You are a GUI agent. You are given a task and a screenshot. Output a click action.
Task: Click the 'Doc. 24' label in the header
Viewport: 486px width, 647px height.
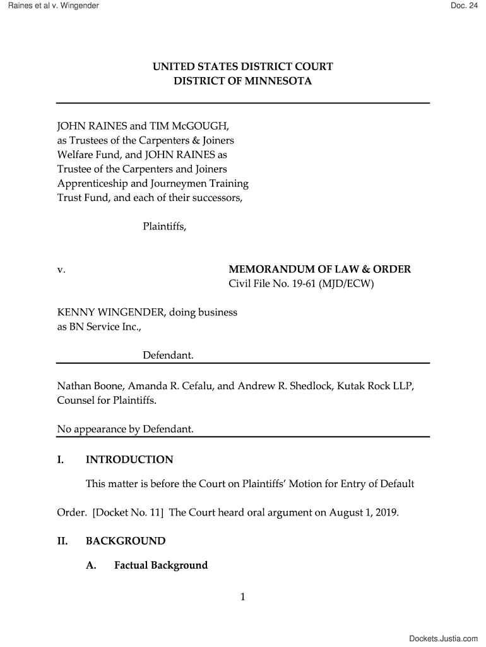click(x=464, y=6)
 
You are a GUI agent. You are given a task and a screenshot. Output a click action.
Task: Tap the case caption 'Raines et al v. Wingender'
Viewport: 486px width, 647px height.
click(x=49, y=6)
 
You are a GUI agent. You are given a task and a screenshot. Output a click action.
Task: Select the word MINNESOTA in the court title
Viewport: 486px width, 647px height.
click(x=279, y=82)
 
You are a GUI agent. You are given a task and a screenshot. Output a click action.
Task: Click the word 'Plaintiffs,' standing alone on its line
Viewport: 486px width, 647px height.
click(x=164, y=226)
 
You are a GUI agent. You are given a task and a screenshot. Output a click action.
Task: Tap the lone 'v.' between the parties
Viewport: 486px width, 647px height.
click(x=61, y=270)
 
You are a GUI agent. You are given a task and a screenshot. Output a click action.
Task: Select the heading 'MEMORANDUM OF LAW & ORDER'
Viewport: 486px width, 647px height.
click(x=319, y=270)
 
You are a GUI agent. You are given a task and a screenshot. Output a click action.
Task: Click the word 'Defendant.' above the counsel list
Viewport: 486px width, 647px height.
click(x=168, y=356)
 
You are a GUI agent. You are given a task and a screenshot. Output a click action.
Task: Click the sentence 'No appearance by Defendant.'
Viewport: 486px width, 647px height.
click(x=125, y=430)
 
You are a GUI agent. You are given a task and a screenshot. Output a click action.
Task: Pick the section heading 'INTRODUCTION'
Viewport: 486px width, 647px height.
click(x=129, y=459)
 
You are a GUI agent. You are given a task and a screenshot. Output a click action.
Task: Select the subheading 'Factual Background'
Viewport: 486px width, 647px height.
click(x=160, y=565)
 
